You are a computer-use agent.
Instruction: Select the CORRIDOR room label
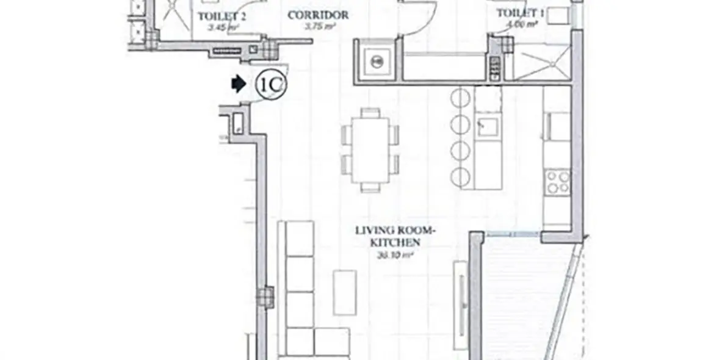pos(318,15)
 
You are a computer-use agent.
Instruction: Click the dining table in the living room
pos(370,149)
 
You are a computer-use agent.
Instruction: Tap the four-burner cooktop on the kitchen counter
pos(558,182)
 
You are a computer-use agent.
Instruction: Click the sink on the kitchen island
pos(488,127)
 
